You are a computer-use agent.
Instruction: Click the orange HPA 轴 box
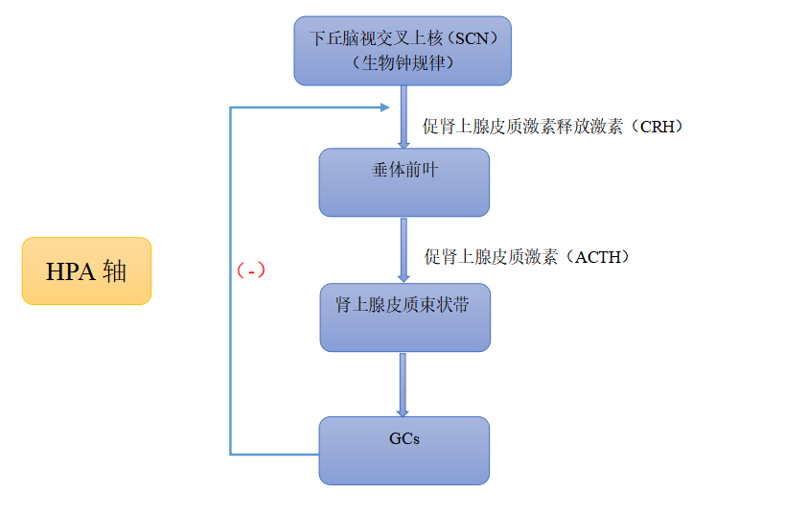point(86,270)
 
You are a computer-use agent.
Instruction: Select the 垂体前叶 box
point(403,182)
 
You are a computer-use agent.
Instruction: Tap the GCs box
point(403,450)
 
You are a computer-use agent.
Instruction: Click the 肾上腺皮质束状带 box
point(403,317)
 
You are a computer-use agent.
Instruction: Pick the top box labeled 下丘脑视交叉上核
point(402,51)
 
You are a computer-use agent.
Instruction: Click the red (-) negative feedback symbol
point(251,270)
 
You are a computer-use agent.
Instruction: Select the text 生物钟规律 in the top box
point(402,63)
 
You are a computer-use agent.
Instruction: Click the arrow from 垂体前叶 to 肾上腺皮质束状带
point(403,249)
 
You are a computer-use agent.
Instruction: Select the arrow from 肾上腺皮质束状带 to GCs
point(403,384)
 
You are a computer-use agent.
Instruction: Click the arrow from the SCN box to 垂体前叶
point(403,116)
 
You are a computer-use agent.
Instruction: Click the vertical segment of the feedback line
point(231,288)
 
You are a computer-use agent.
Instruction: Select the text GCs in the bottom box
point(403,439)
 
